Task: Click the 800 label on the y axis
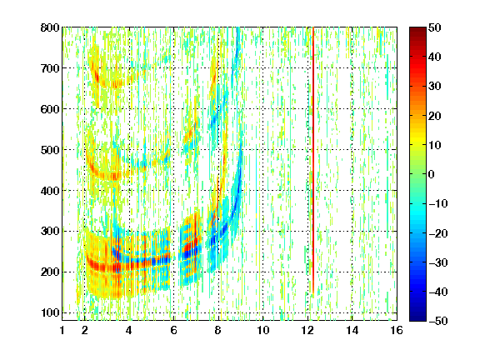50,27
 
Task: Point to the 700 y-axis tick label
50,68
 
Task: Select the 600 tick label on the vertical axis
50,109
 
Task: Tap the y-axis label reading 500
50,150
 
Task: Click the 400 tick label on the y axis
50,191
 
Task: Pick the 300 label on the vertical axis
50,232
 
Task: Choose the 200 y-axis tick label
50,272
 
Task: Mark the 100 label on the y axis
50,312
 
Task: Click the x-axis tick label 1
62,330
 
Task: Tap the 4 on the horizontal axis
129,330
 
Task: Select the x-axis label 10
262,330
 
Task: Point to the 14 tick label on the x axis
352,330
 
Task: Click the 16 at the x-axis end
397,330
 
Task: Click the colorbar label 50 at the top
435,27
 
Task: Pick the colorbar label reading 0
432,174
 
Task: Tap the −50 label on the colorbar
438,321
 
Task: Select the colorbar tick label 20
435,116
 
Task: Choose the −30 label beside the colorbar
438,262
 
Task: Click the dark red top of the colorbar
417,33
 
